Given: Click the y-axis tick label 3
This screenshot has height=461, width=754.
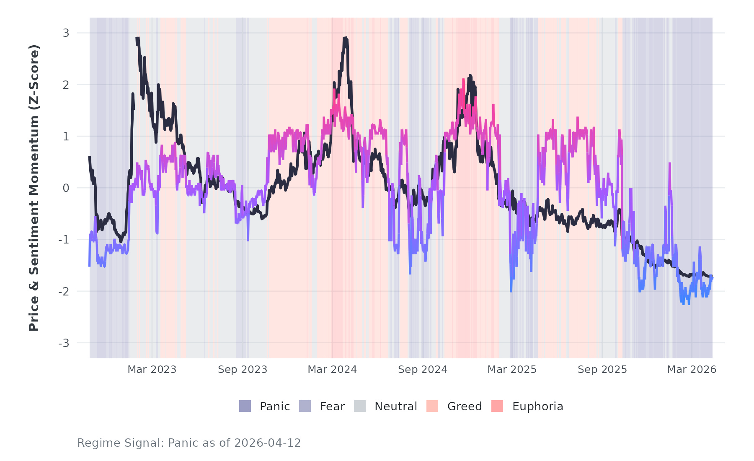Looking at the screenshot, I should tap(66, 33).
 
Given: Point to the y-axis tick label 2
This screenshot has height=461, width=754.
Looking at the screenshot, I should tap(66, 85).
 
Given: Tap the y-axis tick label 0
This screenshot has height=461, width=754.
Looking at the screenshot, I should tap(66, 188).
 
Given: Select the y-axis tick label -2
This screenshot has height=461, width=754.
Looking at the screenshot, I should tap(64, 292).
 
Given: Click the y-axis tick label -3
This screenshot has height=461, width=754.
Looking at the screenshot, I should tap(64, 343).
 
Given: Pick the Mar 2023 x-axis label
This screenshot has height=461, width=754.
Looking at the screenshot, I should tap(152, 370).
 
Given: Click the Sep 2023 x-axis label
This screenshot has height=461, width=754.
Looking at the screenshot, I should tap(243, 370).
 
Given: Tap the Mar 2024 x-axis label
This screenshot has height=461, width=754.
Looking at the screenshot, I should tap(332, 370).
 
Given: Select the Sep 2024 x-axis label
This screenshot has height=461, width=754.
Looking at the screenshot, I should tap(423, 370).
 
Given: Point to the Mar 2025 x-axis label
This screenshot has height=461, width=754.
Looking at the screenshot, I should tap(512, 370).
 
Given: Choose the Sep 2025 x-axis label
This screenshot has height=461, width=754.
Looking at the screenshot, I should tap(602, 370).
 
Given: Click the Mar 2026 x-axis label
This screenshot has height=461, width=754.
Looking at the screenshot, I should tap(692, 370).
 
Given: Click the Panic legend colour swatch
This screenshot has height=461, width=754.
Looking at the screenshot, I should tap(245, 406).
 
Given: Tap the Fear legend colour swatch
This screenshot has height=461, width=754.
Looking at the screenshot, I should tap(305, 406).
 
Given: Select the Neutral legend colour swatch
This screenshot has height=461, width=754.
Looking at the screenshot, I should tap(360, 406).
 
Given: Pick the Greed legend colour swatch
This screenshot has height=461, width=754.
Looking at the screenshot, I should tap(432, 406).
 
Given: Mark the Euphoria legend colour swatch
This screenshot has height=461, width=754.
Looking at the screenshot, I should tap(497, 406).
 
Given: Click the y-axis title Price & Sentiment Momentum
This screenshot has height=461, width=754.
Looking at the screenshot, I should tap(34, 188).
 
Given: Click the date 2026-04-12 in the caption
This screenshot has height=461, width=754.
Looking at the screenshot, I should tap(267, 443).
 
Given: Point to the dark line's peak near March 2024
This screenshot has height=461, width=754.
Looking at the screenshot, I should tap(345, 38).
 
